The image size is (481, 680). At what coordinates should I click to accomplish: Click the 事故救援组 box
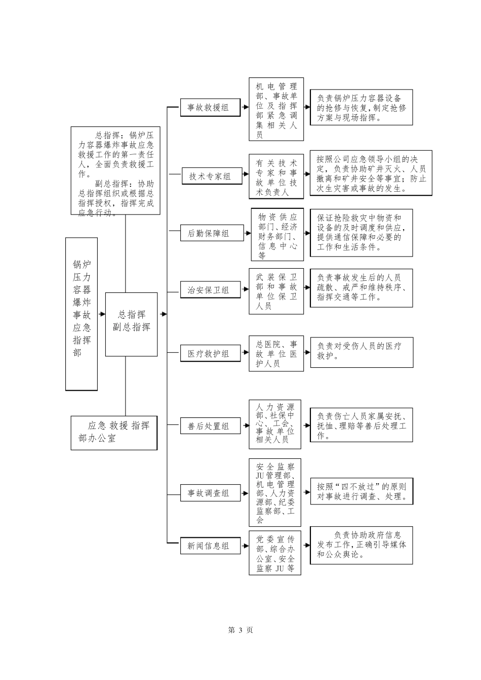(210, 107)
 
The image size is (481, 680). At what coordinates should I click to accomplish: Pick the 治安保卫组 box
(210, 290)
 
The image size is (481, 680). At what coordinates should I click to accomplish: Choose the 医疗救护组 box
(210, 354)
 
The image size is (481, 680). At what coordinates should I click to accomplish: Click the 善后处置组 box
(210, 426)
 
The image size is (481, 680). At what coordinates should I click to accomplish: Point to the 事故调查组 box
(210, 493)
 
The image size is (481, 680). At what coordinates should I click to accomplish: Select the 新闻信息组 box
(210, 546)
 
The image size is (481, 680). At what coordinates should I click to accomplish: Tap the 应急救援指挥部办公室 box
(114, 433)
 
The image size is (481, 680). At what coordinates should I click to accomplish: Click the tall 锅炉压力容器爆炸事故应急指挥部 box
(82, 314)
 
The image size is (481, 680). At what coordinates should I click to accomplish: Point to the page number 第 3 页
(240, 630)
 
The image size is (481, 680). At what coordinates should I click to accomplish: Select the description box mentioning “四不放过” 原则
(361, 491)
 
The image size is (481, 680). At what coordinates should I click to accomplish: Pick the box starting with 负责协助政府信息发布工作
(361, 545)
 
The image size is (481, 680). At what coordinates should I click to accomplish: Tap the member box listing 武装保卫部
(276, 291)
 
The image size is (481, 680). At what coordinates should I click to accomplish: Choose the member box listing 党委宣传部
(276, 552)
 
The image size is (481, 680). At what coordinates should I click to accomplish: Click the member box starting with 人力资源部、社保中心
(276, 424)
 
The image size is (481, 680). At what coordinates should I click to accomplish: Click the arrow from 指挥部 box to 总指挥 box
(102, 314)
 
